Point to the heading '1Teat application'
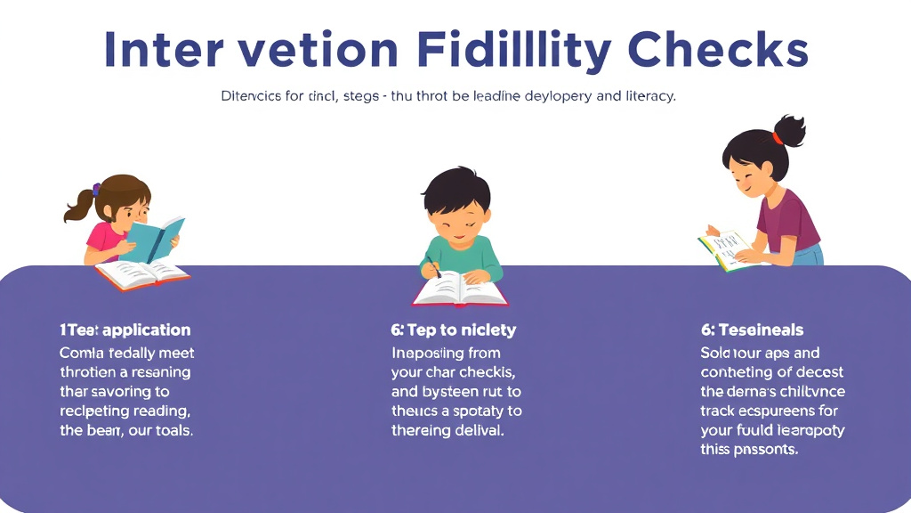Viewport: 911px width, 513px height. coord(125,330)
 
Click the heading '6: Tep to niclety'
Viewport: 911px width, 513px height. coord(453,330)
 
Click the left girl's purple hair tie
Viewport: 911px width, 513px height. coord(96,189)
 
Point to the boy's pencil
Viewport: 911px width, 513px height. coord(432,265)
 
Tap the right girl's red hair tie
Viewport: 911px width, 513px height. coord(778,139)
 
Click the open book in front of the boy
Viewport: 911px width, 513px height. coord(459,289)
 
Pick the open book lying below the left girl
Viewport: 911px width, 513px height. coord(142,274)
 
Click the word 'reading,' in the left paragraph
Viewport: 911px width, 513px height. coord(157,411)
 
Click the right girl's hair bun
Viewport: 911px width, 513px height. coord(790,131)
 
